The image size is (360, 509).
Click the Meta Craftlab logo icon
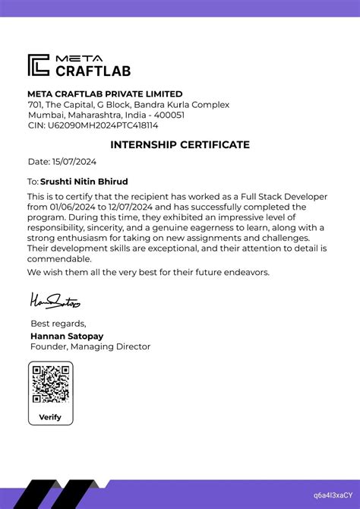[x=39, y=65]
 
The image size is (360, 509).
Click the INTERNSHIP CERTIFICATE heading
[x=180, y=144]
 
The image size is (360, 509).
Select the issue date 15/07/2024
[x=74, y=162]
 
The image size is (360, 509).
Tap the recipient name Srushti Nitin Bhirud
[x=84, y=182]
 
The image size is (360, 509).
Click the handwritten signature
[x=55, y=302]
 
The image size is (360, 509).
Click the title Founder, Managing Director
[x=90, y=346]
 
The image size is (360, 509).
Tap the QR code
[x=51, y=384]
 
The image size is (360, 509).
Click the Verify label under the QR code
[x=50, y=417]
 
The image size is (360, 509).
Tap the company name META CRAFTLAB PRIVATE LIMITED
[x=105, y=93]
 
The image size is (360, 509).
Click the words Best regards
[x=58, y=324]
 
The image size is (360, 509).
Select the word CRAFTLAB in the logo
[x=93, y=71]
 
